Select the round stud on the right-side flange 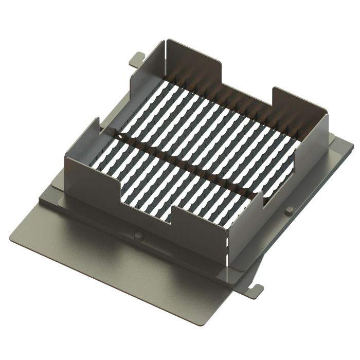[x=289, y=209]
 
